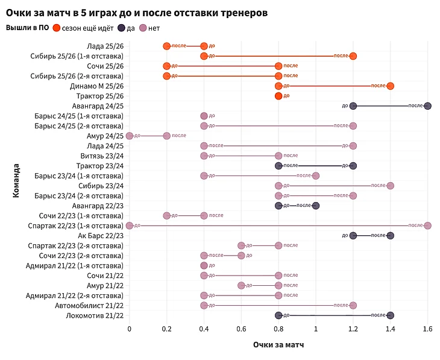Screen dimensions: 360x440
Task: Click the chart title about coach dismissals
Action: (x=137, y=12)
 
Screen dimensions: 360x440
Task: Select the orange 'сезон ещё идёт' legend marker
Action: (x=57, y=28)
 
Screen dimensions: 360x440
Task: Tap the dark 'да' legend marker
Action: (x=122, y=28)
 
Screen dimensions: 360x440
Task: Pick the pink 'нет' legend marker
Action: (x=143, y=28)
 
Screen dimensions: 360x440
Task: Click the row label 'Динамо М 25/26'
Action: (x=97, y=86)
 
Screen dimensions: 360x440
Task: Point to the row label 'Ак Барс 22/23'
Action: (x=99, y=236)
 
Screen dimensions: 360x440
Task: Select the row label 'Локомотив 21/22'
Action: (x=95, y=315)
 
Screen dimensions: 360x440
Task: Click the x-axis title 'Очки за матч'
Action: (x=278, y=346)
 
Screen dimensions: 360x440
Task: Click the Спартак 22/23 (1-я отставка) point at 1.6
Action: (x=427, y=226)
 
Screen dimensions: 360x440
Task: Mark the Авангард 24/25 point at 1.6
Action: (x=427, y=106)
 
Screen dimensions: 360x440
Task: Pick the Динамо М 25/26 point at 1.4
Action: (x=390, y=86)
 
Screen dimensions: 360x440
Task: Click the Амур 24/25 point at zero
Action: (x=130, y=136)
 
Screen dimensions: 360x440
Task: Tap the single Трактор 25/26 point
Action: (x=278, y=96)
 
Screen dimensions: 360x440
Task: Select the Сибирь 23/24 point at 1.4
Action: (x=390, y=186)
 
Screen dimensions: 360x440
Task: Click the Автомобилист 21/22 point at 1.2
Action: (x=353, y=305)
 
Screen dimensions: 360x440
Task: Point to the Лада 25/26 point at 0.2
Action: (x=167, y=46)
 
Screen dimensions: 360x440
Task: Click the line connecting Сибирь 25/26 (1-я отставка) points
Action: (x=278, y=56)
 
